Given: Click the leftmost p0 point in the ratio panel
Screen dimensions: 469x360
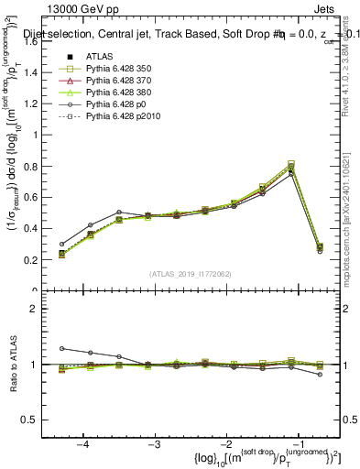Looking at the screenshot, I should pos(61,348).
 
